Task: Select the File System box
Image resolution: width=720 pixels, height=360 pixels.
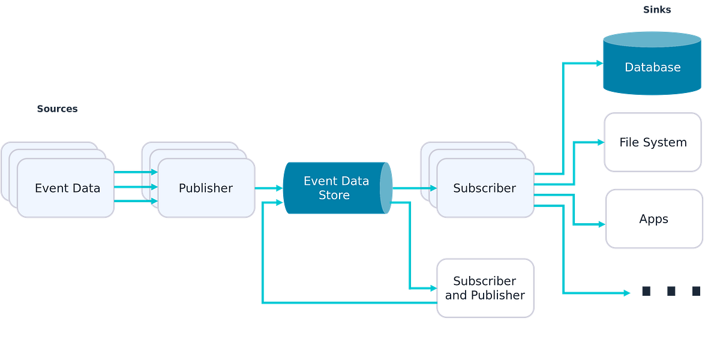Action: [x=653, y=143]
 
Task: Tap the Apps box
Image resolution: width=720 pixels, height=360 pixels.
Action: [x=653, y=219]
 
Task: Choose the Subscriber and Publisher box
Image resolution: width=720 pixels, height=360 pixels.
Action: [x=485, y=288]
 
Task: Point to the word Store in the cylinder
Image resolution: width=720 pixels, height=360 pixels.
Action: [x=334, y=196]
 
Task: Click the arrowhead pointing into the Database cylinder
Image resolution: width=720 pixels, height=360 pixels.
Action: [x=598, y=62]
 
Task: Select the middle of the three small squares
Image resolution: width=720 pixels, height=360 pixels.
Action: [x=671, y=291]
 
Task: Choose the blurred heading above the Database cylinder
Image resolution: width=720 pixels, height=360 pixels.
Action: [x=657, y=10]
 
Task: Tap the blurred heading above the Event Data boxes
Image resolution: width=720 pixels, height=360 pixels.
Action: [x=58, y=109]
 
